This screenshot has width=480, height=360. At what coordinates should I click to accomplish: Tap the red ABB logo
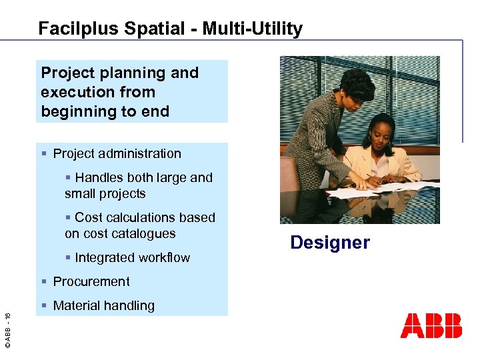431,325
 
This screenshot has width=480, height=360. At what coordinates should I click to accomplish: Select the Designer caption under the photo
329,243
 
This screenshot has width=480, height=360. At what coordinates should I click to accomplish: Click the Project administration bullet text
117,153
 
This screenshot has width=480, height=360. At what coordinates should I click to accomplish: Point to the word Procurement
91,281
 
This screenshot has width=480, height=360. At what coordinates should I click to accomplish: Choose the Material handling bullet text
103,305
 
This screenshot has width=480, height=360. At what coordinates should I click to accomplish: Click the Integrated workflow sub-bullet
132,257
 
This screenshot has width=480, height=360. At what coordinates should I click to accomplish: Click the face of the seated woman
380,141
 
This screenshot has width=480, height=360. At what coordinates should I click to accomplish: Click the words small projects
105,193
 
